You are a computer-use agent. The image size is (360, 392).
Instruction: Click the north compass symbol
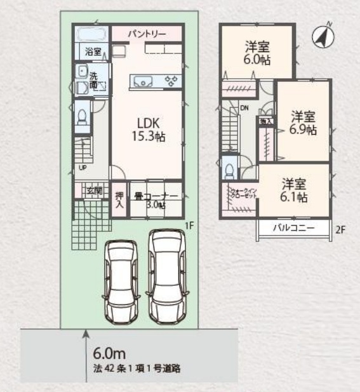(x=323, y=37)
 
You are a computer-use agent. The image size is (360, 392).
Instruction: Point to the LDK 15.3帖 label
(x=148, y=129)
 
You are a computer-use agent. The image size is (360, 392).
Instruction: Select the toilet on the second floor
(x=229, y=168)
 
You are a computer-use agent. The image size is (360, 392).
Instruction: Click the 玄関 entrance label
(x=94, y=189)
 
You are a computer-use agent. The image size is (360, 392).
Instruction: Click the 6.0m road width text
(x=107, y=353)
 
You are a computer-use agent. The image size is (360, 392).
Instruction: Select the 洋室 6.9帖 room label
(x=303, y=123)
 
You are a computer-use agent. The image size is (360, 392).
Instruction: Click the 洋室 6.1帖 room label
(x=295, y=190)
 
